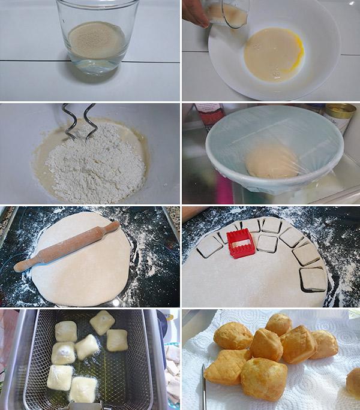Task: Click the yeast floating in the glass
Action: pos(96,40)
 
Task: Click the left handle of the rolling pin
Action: pos(23,264)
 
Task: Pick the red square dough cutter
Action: pos(241,243)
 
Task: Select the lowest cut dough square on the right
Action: pos(313,279)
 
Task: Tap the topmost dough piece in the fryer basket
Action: pos(103,321)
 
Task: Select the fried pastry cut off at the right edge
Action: pos(353,382)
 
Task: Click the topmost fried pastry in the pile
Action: pos(279,324)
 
